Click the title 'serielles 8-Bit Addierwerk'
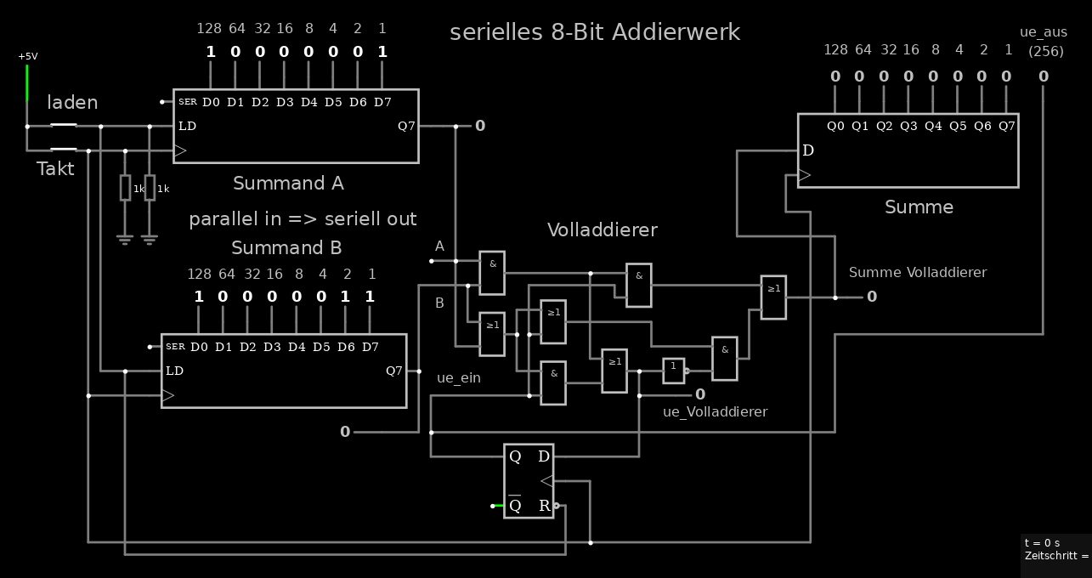(595, 32)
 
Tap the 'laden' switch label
(72, 103)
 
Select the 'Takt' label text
(55, 168)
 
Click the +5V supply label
(28, 56)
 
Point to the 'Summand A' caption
(288, 183)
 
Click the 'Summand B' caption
(286, 247)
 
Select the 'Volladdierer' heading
(602, 229)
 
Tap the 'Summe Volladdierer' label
(918, 272)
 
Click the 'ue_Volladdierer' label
(715, 411)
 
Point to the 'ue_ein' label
(459, 377)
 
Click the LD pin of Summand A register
(187, 127)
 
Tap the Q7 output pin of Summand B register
(394, 371)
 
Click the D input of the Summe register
(808, 150)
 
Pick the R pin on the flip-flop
(545, 506)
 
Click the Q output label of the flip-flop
(515, 456)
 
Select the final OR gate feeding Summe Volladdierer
(773, 297)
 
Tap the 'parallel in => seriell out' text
(303, 218)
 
